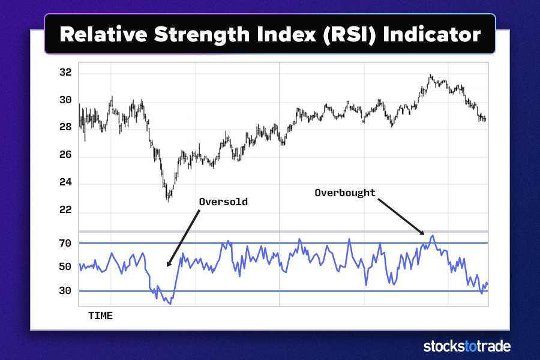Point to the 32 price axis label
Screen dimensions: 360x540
[65, 73]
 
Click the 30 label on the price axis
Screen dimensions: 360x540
[65, 100]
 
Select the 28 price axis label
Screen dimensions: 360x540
[65, 127]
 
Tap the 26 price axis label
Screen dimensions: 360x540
[65, 155]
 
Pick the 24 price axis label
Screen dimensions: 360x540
[65, 183]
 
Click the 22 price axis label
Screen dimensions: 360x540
[65, 211]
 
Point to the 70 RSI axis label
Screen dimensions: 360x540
[65, 243]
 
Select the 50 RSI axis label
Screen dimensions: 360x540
[65, 266]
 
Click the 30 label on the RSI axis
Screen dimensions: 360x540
[65, 291]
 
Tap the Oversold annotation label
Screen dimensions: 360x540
[223, 202]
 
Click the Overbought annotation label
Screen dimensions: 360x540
[345, 193]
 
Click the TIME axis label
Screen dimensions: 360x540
[100, 315]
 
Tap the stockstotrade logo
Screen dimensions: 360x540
[467, 346]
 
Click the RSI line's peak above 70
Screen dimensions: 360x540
[433, 236]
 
